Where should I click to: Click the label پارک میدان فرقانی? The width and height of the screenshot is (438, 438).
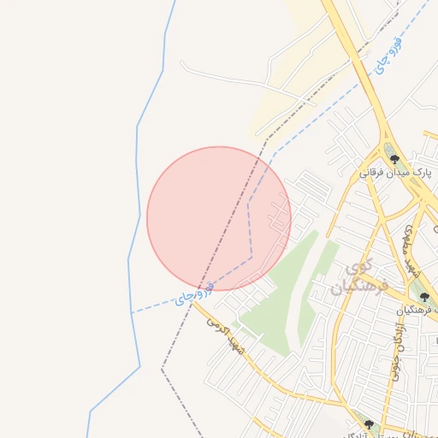(x=396, y=172)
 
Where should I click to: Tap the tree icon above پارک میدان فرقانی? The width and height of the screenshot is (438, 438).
(x=394, y=158)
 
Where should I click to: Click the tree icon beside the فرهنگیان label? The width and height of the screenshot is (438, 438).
(x=423, y=297)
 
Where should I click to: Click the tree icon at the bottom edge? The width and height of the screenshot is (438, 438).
(x=369, y=425)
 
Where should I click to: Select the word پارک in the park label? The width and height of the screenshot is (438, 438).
(x=419, y=172)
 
